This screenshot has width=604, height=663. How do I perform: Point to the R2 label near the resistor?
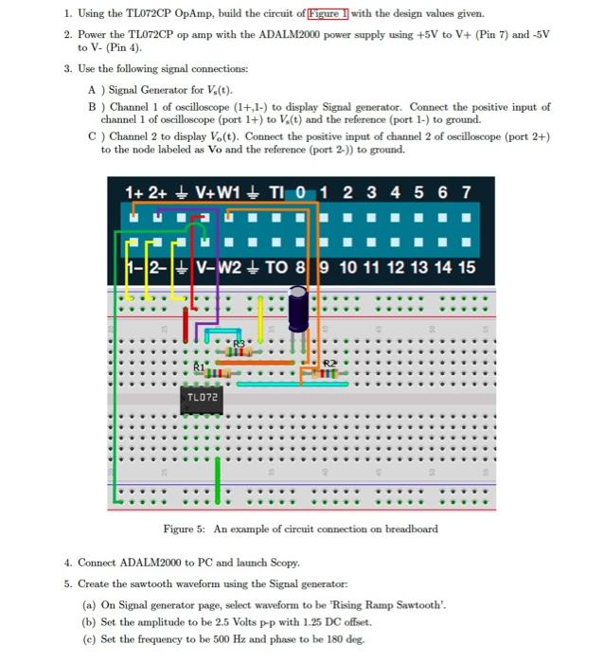329,364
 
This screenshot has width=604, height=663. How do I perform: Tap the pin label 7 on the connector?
466,192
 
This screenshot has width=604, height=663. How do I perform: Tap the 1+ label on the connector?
133,192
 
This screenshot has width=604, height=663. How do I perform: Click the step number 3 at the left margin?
67,69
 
